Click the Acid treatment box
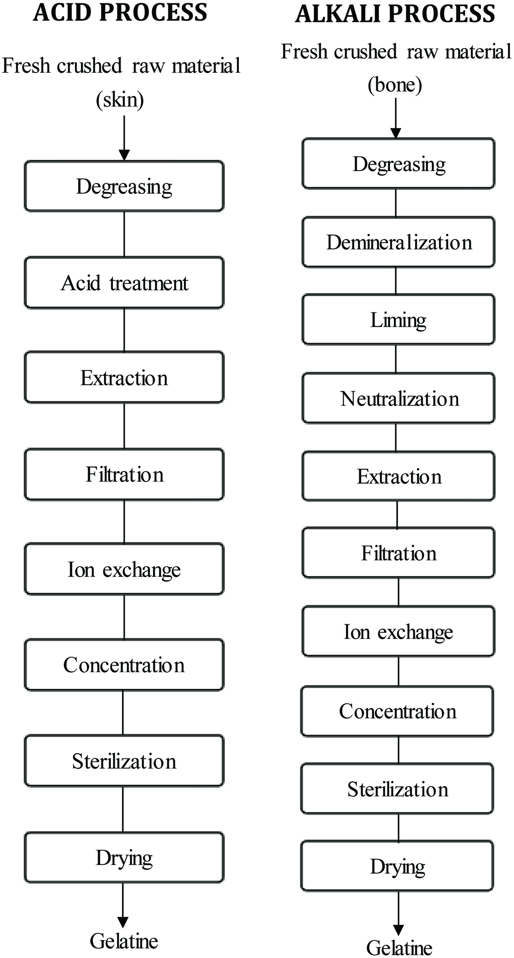pos(124,282)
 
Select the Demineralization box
pos(398,242)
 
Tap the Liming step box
pos(398,320)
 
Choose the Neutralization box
pos(398,398)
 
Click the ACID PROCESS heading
pos(120,12)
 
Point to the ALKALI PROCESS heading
pos(395,14)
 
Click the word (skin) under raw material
pos(120,100)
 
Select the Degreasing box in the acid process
pos(124,186)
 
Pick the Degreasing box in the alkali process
pos(398,163)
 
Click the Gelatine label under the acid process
pos(124,941)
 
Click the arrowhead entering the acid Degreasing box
pos(124,155)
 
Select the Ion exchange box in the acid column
pos(124,569)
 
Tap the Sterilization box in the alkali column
pos(397,789)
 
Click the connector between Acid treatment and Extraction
pos(124,330)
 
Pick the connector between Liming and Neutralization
pos(396,359)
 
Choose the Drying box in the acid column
pos(124,857)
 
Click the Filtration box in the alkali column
pos(398,552)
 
